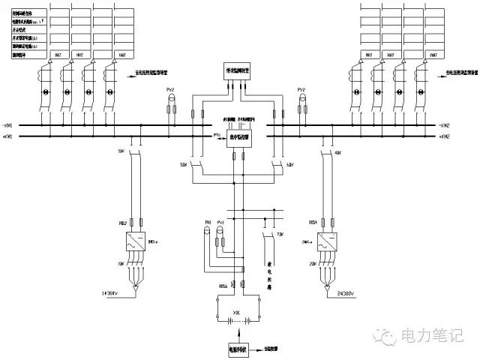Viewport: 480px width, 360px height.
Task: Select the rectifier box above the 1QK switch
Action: [x=137, y=243]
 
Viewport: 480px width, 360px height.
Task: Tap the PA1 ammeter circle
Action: [x=208, y=232]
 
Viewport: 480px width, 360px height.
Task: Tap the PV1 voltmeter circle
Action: [x=220, y=232]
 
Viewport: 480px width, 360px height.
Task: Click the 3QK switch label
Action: [x=121, y=151]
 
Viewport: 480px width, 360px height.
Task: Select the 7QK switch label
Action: [x=279, y=235]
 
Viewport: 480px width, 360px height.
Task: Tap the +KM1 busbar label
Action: [x=8, y=124]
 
